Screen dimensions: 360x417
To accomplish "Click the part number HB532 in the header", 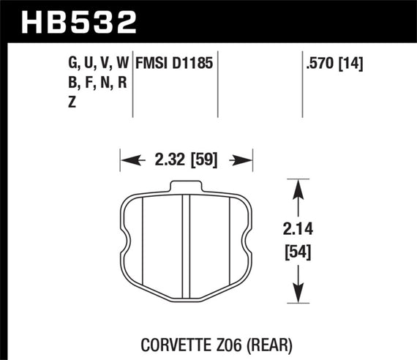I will [80, 21].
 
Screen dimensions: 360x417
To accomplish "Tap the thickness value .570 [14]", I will [334, 64].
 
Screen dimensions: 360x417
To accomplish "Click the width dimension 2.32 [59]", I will [186, 158].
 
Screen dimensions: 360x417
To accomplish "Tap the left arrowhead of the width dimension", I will [125, 158].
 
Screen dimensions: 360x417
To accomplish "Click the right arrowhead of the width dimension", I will [247, 158].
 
